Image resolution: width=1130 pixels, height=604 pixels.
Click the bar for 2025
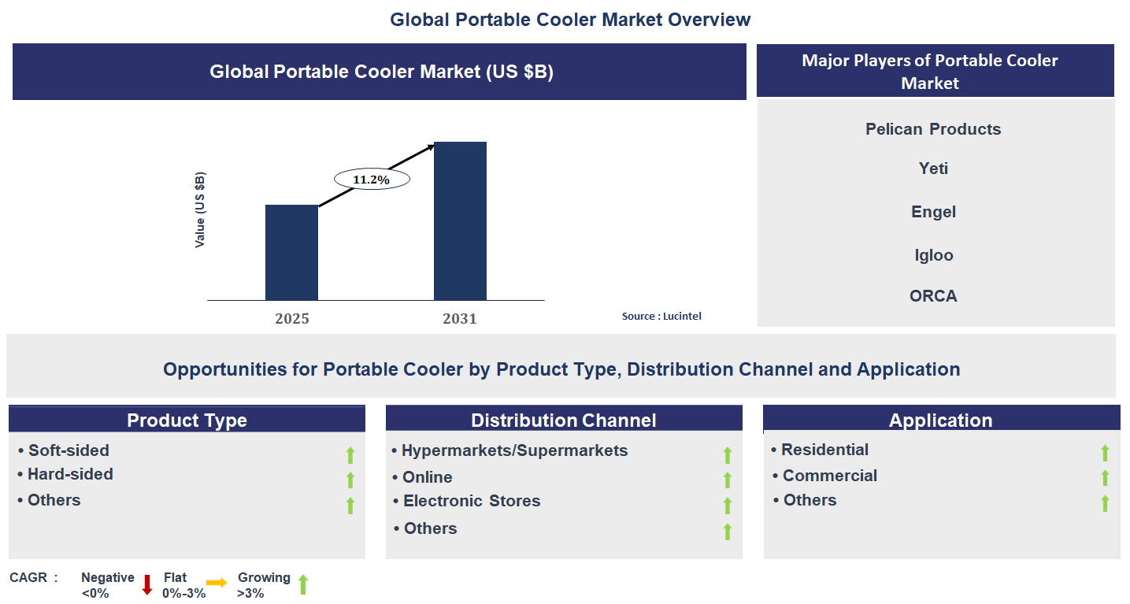[291, 252]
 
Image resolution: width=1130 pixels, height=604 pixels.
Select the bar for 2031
[460, 220]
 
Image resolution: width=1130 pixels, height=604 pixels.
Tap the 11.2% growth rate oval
[372, 180]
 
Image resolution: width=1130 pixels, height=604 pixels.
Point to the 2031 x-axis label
[460, 319]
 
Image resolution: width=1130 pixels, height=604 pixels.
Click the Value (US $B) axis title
[200, 209]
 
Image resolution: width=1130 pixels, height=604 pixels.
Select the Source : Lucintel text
[661, 316]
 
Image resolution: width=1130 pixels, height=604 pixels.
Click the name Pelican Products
[933, 129]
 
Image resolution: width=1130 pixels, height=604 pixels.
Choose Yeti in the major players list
[933, 169]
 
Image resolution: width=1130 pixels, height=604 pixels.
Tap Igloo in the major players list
[933, 255]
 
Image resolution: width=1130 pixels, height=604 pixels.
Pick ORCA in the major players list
[933, 296]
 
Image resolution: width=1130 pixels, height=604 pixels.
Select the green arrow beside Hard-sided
[350, 480]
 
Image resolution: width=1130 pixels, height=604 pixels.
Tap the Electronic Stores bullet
[471, 501]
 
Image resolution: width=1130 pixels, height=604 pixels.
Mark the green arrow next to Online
[728, 480]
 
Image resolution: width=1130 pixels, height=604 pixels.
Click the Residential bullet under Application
[824, 450]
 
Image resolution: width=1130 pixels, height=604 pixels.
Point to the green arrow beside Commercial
[1105, 477]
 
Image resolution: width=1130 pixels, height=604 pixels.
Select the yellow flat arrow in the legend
[217, 583]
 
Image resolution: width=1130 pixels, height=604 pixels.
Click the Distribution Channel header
[564, 420]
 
